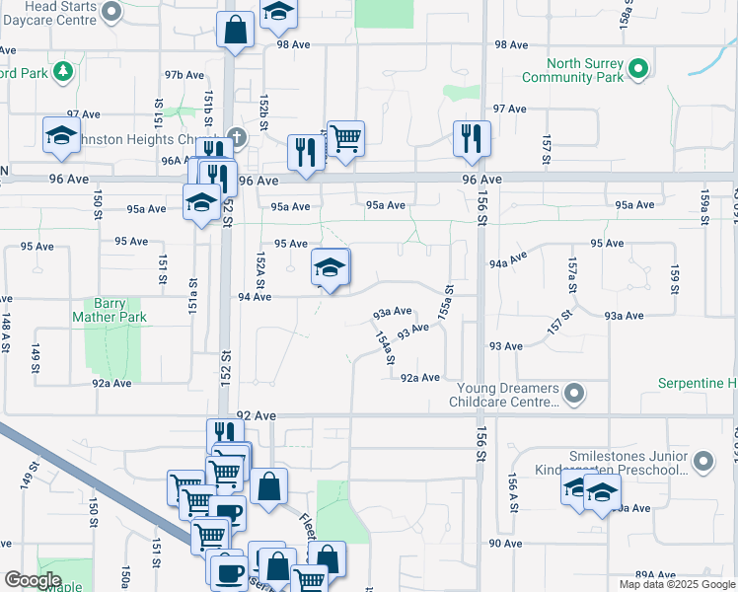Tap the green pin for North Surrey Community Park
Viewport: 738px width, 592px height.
coord(638,68)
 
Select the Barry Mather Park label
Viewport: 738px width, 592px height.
coord(110,311)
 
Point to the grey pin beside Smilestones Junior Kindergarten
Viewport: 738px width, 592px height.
coord(702,461)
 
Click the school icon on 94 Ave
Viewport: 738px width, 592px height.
coord(331,267)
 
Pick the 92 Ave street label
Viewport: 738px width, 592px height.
coord(258,416)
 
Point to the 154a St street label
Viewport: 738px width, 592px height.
coord(385,352)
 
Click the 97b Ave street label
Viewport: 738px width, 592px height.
coord(184,74)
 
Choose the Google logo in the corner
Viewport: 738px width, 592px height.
coord(34,579)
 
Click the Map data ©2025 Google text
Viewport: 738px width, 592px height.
coord(677,584)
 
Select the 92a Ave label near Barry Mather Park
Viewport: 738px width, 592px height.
coord(111,383)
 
